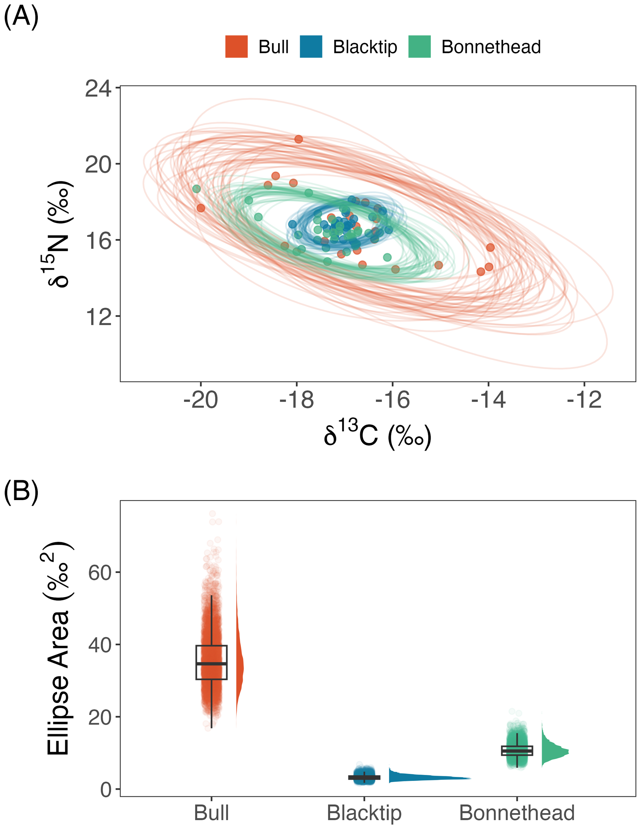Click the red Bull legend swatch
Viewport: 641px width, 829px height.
click(x=236, y=47)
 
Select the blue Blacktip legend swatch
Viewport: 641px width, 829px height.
click(x=311, y=47)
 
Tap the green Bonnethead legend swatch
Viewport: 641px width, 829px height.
click(x=420, y=47)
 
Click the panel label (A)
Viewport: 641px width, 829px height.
click(x=21, y=17)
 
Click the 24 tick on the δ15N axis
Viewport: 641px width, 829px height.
click(x=98, y=89)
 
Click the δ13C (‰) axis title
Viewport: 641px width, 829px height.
click(x=378, y=435)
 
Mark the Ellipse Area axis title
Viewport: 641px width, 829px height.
click(x=59, y=649)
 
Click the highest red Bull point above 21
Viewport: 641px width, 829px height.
click(x=299, y=139)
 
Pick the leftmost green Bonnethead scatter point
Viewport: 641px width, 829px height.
click(x=196, y=189)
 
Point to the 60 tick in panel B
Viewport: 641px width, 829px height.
click(x=99, y=573)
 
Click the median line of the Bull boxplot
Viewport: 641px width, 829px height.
click(x=211, y=664)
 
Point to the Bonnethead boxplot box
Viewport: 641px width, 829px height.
click(x=517, y=750)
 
